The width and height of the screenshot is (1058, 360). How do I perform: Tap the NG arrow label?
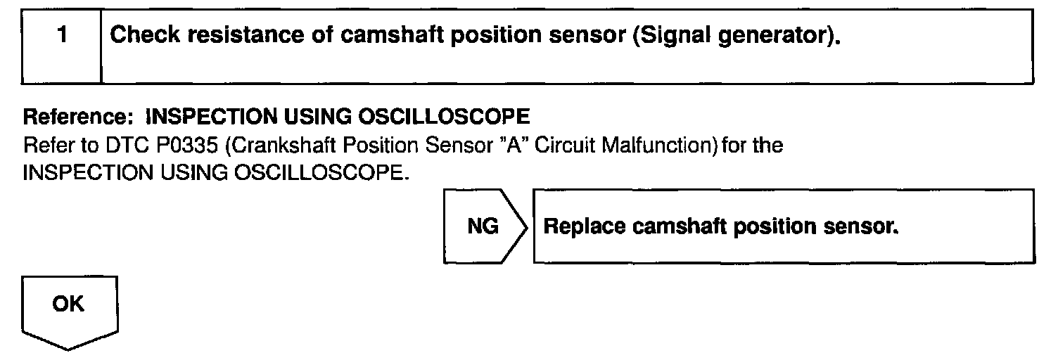482,227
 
